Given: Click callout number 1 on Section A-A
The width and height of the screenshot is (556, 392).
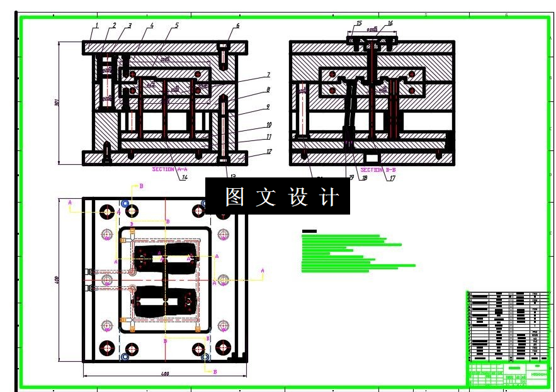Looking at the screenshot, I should click(x=97, y=26).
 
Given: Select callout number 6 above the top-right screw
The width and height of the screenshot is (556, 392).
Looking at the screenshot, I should click(x=237, y=26).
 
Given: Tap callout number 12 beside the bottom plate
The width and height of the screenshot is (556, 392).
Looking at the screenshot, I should click(x=269, y=152).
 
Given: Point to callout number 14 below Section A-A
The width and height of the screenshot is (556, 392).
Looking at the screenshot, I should click(x=185, y=177).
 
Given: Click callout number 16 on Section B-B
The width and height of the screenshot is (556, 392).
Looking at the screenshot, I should click(x=390, y=24).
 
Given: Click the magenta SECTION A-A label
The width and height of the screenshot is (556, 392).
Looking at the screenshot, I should click(x=170, y=169).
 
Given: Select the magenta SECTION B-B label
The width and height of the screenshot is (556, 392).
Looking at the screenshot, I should click(x=378, y=170).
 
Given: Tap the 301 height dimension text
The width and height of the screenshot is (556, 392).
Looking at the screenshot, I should click(x=57, y=103).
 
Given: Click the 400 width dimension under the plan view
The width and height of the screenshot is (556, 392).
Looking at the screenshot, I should click(x=165, y=374).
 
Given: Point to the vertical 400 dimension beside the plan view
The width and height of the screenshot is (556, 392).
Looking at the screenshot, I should click(x=57, y=279).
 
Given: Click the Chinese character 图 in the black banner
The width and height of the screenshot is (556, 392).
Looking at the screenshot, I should click(x=235, y=197).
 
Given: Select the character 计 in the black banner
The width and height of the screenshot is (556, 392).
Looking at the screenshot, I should click(x=329, y=197).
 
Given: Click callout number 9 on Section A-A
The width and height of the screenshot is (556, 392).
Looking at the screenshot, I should click(x=268, y=107).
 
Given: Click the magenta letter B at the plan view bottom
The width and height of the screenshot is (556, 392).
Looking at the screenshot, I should click(x=215, y=372).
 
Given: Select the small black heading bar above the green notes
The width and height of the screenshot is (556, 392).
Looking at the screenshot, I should click(x=309, y=232).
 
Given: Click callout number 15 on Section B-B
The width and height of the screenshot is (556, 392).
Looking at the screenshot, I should click(x=359, y=24).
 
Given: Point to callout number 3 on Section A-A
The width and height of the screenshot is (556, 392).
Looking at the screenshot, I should click(x=129, y=26).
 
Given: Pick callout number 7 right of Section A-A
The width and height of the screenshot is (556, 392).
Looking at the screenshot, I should click(x=268, y=75).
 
